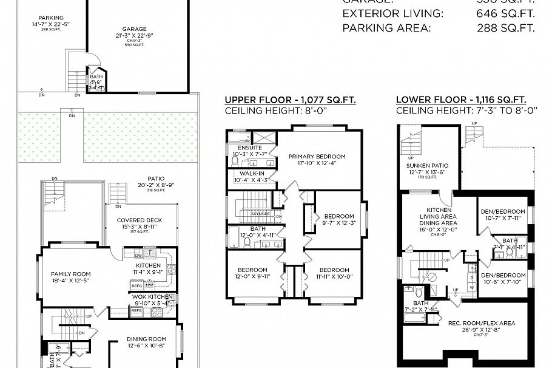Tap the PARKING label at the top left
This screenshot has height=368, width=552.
point(50,18)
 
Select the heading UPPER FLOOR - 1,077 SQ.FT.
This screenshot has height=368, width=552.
point(290,100)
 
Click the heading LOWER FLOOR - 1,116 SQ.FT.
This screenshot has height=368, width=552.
point(460,100)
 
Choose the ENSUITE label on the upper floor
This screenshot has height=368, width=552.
point(250,148)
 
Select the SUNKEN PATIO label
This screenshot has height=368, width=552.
point(427,165)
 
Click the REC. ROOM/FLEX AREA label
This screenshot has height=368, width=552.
point(482,323)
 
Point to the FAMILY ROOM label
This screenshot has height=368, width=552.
point(70,274)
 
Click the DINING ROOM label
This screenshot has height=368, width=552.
point(146,339)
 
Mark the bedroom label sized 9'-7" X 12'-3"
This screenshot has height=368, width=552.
point(338,216)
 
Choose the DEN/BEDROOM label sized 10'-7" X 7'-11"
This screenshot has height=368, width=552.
point(503,211)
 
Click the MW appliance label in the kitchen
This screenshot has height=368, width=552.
point(149,285)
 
